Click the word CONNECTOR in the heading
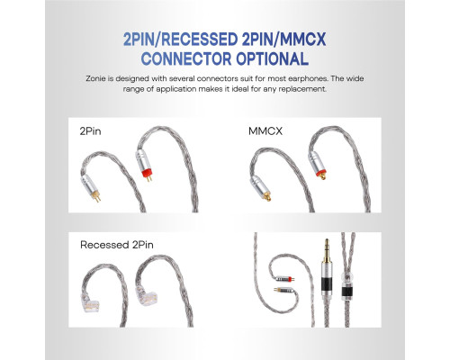186,58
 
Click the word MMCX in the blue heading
301,39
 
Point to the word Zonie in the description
95,79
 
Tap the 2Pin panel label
90,131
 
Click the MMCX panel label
265,131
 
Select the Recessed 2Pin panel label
117,245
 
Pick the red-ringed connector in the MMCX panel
318,166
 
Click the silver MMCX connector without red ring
260,188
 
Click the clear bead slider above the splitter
347,277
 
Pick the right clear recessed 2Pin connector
147,296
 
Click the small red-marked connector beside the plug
284,279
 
